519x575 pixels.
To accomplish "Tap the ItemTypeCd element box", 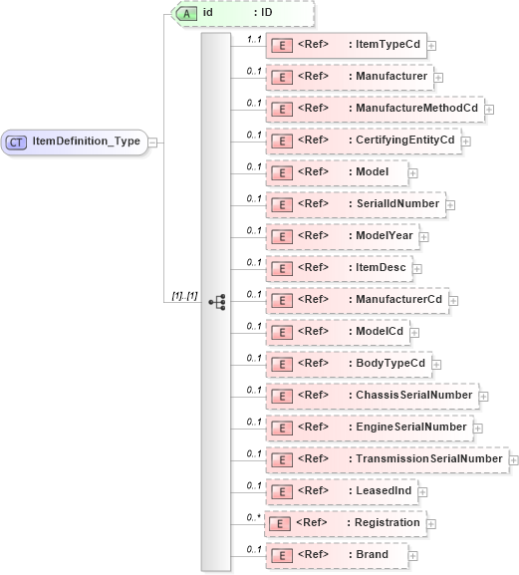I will point(345,45).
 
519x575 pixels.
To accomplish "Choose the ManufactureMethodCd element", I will point(375,108).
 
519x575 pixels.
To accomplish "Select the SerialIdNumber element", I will point(355,203).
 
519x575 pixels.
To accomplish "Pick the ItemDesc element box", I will point(338,267).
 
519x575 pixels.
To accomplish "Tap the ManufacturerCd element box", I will point(359,299).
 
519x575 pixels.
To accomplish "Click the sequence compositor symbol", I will point(216,300).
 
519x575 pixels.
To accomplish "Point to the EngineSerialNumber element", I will point(368,427).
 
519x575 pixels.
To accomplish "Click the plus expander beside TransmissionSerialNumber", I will point(514,458).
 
